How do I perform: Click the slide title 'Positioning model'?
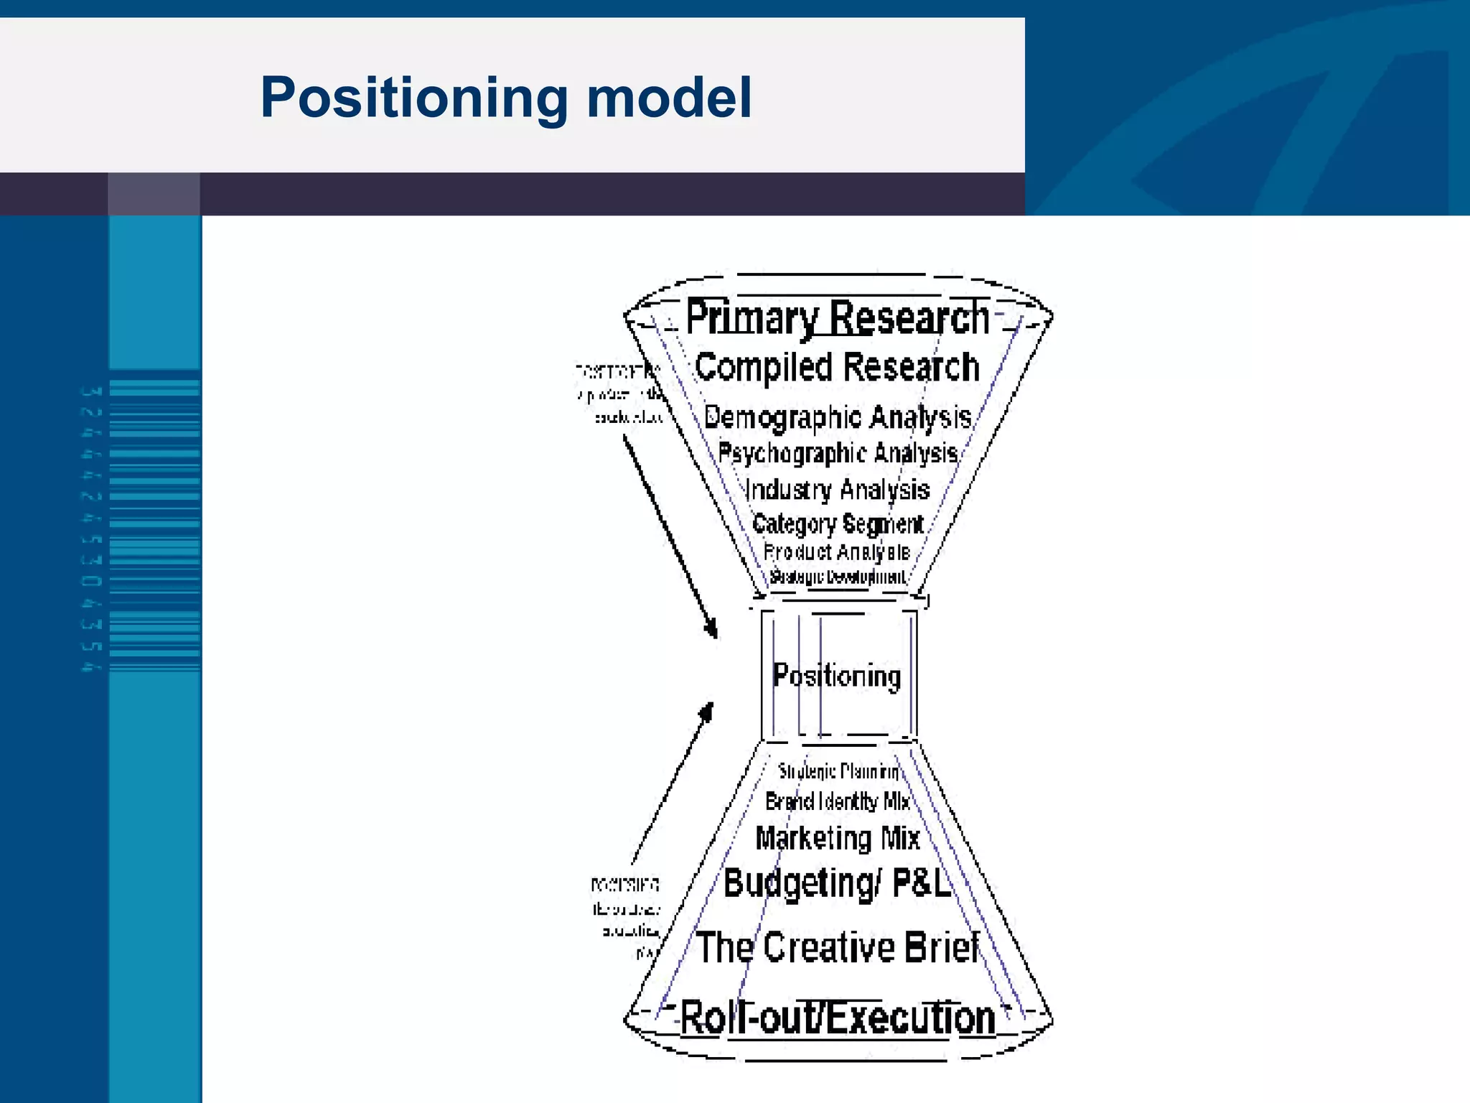pyautogui.click(x=505, y=98)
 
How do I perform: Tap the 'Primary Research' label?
pyautogui.click(x=837, y=317)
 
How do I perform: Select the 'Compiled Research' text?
pyautogui.click(x=837, y=368)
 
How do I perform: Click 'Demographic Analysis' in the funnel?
pyautogui.click(x=837, y=417)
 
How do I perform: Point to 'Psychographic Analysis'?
pyautogui.click(x=837, y=453)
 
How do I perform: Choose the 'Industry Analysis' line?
pyautogui.click(x=837, y=490)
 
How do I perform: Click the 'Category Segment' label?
pyautogui.click(x=837, y=524)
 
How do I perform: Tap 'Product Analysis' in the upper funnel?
pyautogui.click(x=837, y=552)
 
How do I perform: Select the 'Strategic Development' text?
pyautogui.click(x=837, y=577)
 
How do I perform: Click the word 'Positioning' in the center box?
pyautogui.click(x=837, y=676)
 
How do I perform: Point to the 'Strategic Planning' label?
pyautogui.click(x=838, y=772)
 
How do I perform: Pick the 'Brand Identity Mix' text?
pyautogui.click(x=837, y=801)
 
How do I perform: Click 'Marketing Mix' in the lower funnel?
pyautogui.click(x=838, y=838)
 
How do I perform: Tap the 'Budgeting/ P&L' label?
pyautogui.click(x=837, y=883)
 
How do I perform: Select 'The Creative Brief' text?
pyautogui.click(x=837, y=947)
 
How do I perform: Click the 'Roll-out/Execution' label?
pyautogui.click(x=837, y=1018)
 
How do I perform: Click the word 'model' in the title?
pyautogui.click(x=669, y=98)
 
